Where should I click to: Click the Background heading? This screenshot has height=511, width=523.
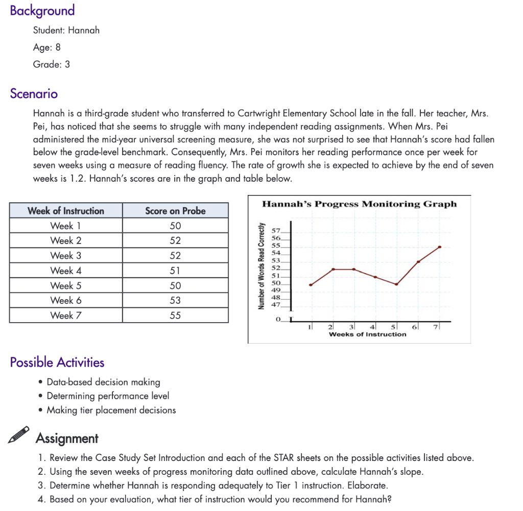coord(42,11)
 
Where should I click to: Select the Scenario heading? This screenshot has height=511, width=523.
coord(34,94)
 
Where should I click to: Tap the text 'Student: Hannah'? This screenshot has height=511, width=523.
coord(66,30)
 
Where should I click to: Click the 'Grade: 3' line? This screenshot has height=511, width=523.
coord(52,64)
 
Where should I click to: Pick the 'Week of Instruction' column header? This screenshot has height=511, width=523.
coord(66,211)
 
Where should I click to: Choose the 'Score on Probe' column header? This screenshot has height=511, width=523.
coord(175,211)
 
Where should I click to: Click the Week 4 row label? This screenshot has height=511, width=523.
coord(66,271)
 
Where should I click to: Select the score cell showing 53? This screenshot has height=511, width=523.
coord(175,300)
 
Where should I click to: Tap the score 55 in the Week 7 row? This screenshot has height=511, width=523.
coord(175,315)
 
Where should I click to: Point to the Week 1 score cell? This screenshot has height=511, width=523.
coord(175,226)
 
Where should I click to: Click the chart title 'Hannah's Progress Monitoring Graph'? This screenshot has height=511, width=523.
coord(360,204)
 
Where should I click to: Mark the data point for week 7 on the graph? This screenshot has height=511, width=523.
coord(440,247)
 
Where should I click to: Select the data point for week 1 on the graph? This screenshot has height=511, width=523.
coord(310,284)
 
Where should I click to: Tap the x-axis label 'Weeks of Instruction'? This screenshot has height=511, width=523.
coord(368,334)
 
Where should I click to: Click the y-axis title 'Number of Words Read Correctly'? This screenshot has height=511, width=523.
coord(261,266)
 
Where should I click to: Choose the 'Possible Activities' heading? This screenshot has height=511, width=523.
coord(57,362)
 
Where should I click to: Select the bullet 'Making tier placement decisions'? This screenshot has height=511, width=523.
coord(111,410)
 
